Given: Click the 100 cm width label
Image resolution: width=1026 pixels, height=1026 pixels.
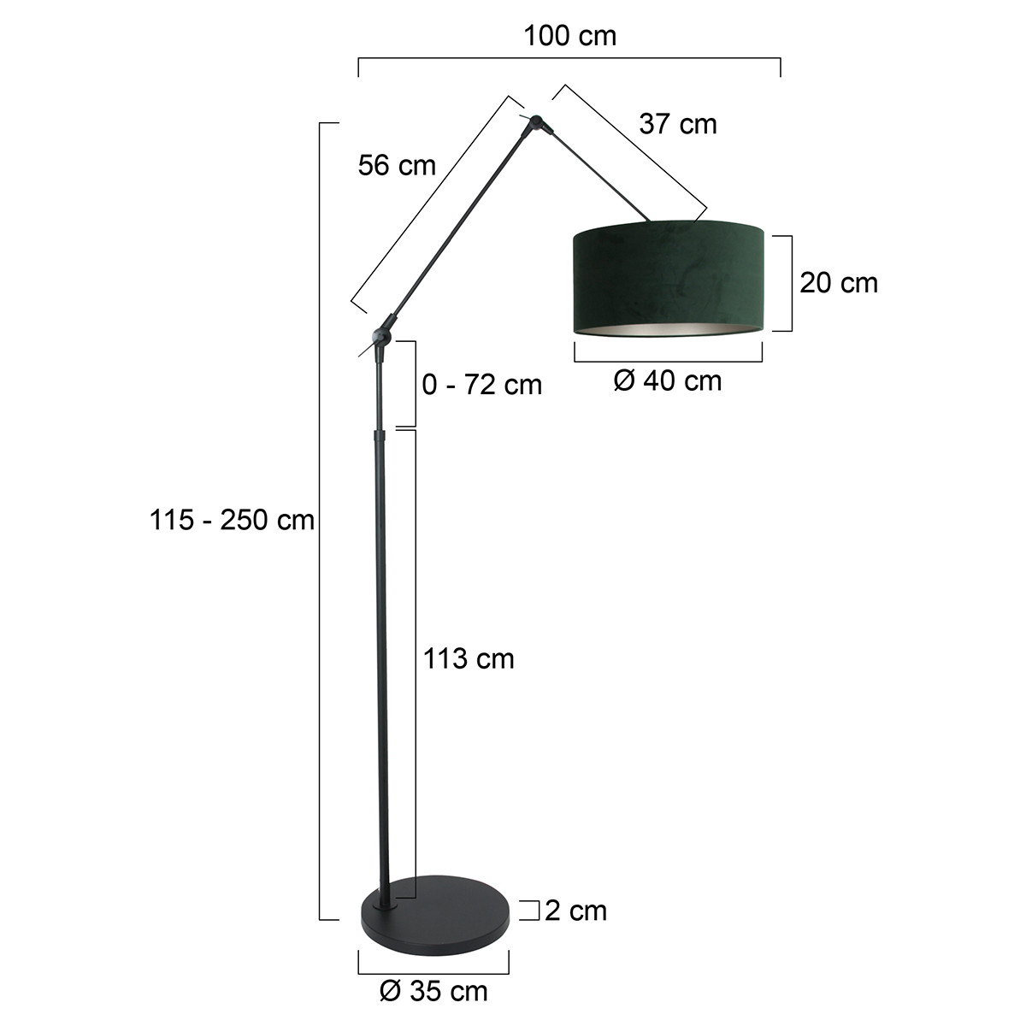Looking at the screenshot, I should click(x=569, y=36).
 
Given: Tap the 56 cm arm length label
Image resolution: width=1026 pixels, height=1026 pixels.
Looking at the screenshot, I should click(x=397, y=165).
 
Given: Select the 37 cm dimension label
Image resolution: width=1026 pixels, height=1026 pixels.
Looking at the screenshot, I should click(x=678, y=124).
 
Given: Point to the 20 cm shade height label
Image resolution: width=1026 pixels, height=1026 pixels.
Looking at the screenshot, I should click(x=839, y=282).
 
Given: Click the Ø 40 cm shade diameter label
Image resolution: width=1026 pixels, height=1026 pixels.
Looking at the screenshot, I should click(x=668, y=380).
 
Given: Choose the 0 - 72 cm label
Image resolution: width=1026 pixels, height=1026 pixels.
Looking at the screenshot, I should click(x=482, y=385).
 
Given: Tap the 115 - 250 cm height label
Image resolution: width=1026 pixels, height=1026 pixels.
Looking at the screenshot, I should click(x=233, y=519).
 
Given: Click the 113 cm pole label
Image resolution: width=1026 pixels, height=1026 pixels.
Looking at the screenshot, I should click(x=469, y=658).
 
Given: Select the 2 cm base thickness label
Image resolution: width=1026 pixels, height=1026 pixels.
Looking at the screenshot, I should click(x=575, y=911).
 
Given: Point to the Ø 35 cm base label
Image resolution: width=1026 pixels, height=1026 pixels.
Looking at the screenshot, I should click(x=433, y=991).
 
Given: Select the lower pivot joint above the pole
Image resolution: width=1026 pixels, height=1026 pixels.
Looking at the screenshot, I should click(x=380, y=334).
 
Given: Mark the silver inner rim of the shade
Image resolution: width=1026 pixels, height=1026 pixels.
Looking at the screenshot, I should click(x=667, y=330).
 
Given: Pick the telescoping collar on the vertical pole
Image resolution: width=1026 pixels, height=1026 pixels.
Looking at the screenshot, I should click(x=379, y=436).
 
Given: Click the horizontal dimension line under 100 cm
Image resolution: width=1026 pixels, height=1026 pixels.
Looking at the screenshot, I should click(x=569, y=59).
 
